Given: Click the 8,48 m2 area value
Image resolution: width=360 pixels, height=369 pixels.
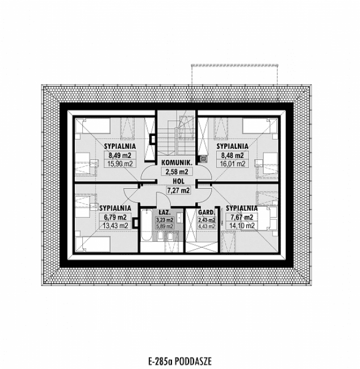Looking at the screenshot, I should pyautogui.click(x=231, y=155).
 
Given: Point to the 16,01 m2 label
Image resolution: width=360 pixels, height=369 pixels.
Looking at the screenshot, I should pyautogui.click(x=231, y=164).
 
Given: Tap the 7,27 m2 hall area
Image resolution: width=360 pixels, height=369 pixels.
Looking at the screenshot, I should pyautogui.click(x=178, y=190).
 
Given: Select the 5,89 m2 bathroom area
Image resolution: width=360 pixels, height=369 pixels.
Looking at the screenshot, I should pyautogui.click(x=165, y=226).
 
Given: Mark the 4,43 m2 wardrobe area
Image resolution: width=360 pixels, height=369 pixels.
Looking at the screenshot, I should pyautogui.click(x=206, y=226).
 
